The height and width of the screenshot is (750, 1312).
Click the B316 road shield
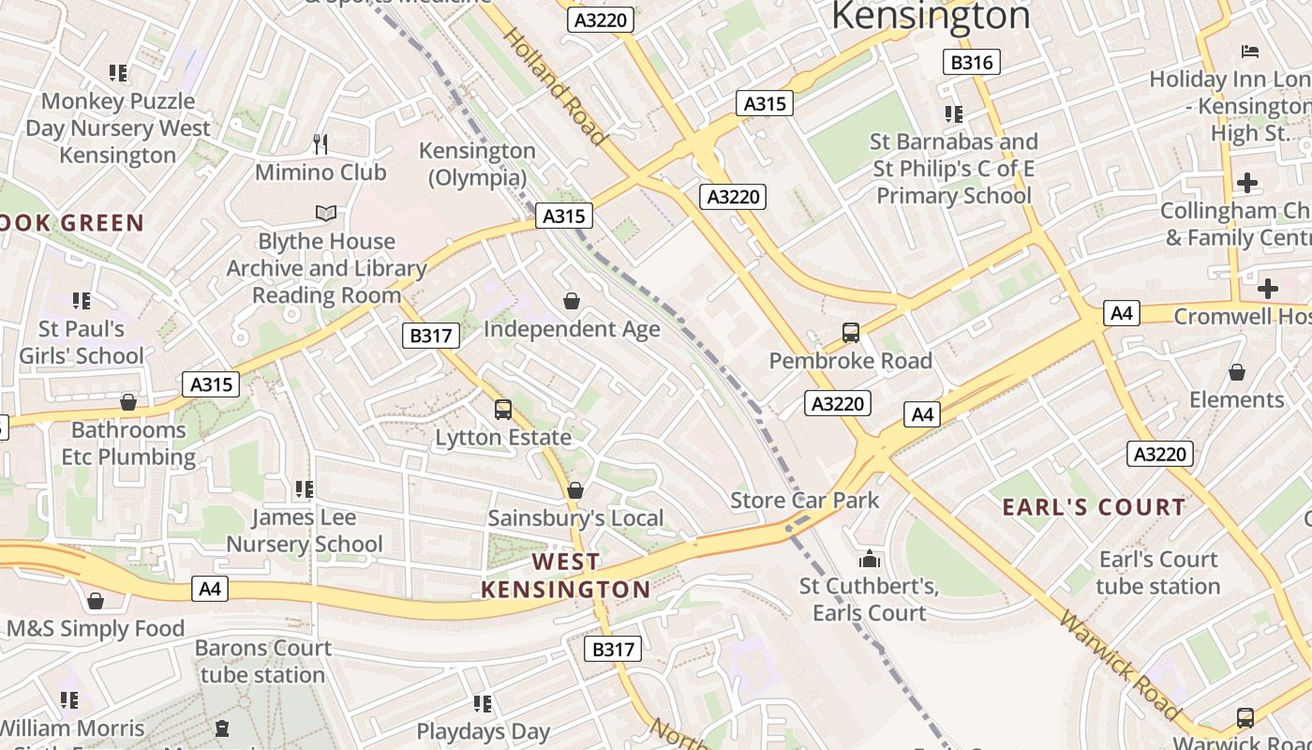(x=971, y=62)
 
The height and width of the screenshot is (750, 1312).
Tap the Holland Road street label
(x=556, y=86)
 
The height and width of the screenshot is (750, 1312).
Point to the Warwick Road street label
(x=1119, y=666)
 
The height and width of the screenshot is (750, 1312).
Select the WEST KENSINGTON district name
(x=565, y=576)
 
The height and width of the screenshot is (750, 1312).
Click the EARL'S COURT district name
(x=1094, y=507)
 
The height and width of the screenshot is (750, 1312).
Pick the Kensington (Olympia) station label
(x=477, y=164)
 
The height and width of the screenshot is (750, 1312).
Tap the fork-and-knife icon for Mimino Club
(x=321, y=143)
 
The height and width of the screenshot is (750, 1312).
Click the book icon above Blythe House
(x=325, y=214)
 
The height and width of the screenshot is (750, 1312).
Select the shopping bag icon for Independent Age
(x=572, y=301)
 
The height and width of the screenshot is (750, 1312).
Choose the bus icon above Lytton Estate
(x=503, y=409)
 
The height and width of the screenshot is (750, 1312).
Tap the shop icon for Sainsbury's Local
(x=575, y=490)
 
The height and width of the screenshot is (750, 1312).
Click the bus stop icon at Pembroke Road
(x=851, y=332)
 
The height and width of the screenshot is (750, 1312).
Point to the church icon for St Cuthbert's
(x=870, y=560)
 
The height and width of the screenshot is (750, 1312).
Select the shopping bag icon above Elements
(x=1237, y=372)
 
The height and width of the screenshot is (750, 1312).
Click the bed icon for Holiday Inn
(x=1249, y=51)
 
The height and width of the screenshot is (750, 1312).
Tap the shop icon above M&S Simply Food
(x=95, y=601)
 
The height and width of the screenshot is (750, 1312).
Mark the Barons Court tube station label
(x=262, y=661)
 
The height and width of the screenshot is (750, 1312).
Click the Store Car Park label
(x=805, y=500)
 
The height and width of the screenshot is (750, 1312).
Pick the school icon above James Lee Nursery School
(x=304, y=488)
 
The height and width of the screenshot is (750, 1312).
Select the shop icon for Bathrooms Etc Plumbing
(x=128, y=402)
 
